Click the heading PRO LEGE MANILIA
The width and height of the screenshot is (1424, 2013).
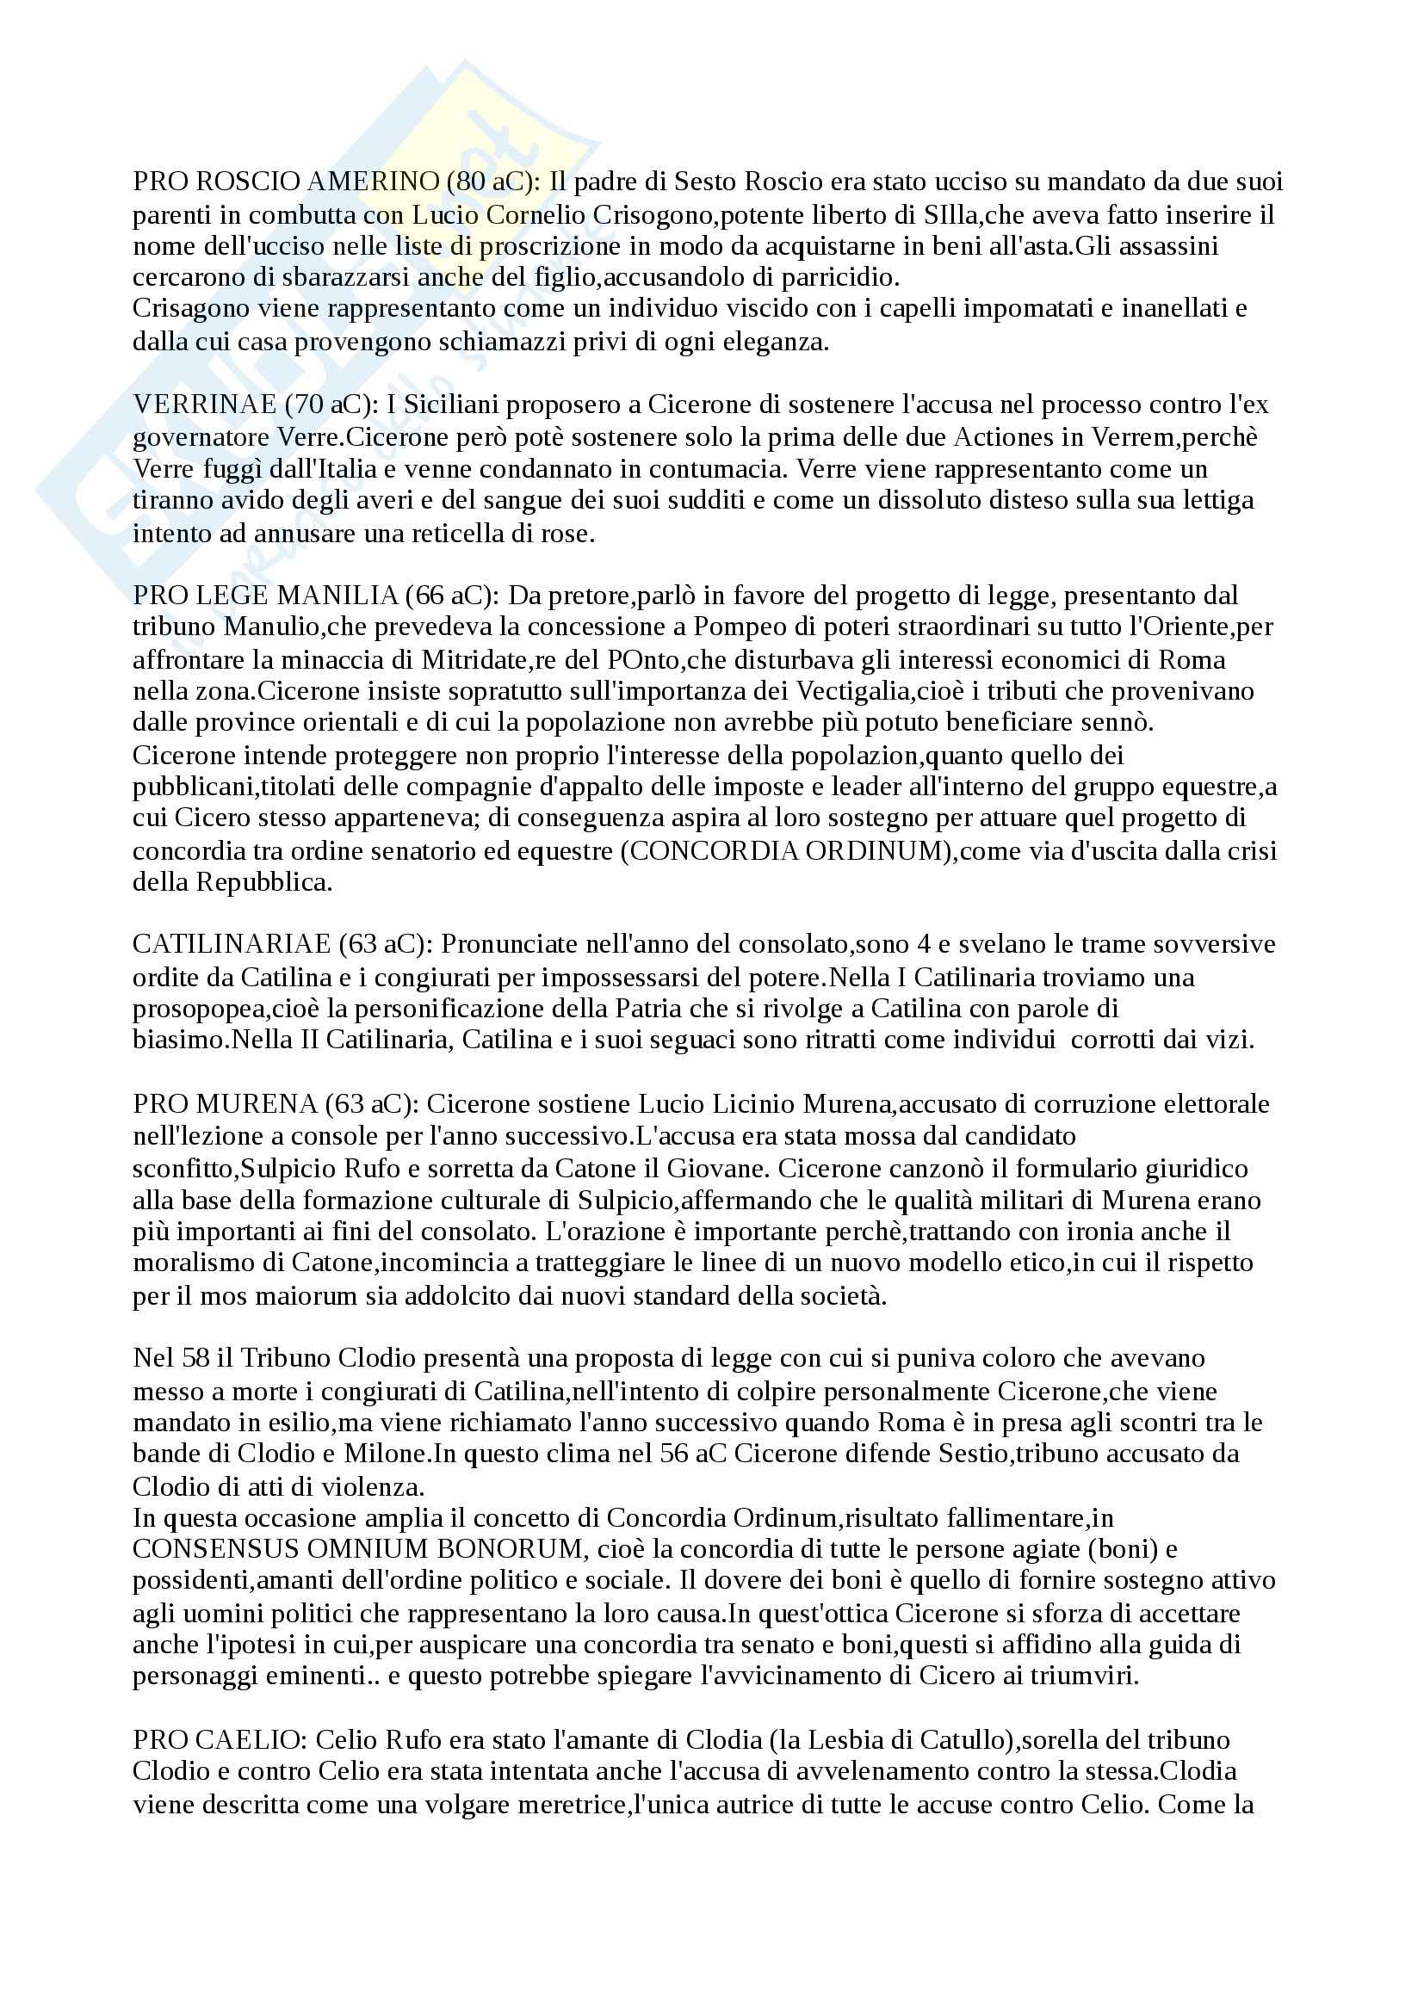tap(266, 596)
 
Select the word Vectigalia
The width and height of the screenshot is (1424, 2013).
tap(841, 691)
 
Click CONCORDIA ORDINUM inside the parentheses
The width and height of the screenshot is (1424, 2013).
tap(788, 850)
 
